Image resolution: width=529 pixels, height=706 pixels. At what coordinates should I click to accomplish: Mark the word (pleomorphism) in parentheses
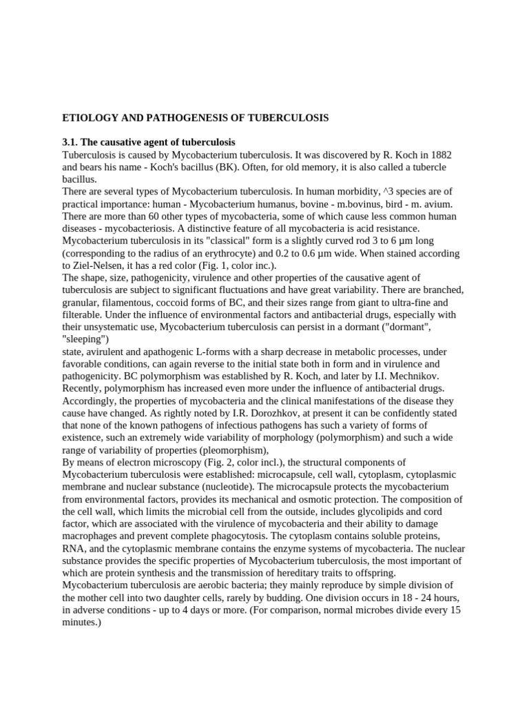(219, 450)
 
